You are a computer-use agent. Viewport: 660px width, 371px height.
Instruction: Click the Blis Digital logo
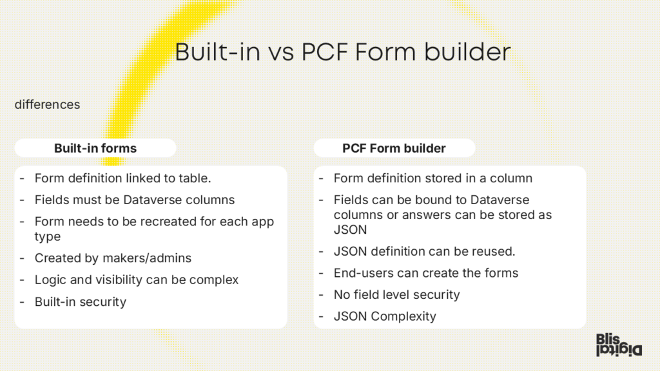click(619, 345)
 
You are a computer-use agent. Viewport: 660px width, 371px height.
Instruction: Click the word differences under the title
click(47, 104)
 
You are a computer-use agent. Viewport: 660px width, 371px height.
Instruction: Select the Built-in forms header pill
click(95, 148)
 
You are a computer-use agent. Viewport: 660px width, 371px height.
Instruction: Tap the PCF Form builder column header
click(394, 148)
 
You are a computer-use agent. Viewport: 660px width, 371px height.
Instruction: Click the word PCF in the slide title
click(325, 52)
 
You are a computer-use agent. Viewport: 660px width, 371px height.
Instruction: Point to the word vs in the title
click(281, 53)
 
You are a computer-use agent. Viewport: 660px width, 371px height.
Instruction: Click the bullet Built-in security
click(81, 301)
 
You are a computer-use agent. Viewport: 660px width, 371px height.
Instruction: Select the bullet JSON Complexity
click(385, 316)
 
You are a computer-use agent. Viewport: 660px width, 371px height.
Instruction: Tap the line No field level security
click(396, 294)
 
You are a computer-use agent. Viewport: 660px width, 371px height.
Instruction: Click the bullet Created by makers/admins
click(113, 258)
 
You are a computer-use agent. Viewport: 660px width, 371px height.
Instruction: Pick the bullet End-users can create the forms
click(425, 273)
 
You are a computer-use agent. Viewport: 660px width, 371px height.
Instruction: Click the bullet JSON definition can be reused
click(424, 251)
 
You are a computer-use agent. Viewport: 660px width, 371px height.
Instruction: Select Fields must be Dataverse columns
click(135, 200)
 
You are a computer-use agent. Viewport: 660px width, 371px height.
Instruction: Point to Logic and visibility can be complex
click(137, 280)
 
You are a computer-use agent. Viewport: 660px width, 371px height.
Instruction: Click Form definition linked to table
click(123, 178)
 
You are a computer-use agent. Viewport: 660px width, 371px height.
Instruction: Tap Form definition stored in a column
click(432, 178)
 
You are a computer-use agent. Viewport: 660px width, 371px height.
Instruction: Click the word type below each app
click(48, 237)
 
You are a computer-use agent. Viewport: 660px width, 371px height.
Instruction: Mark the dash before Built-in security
click(22, 302)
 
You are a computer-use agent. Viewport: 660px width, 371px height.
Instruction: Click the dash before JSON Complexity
click(321, 316)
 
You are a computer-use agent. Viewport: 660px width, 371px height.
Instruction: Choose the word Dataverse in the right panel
click(500, 200)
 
